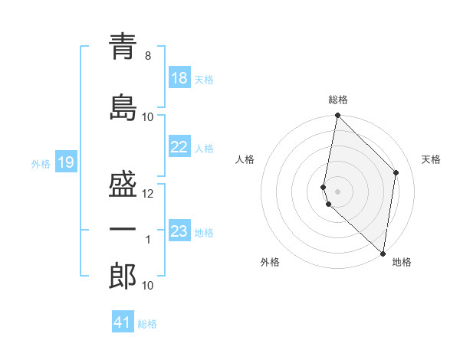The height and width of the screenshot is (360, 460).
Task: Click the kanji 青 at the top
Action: tap(123, 47)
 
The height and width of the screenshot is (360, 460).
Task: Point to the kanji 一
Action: tap(123, 229)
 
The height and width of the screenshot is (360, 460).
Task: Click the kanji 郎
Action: tap(123, 277)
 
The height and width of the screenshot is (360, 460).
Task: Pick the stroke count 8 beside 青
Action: tap(148, 56)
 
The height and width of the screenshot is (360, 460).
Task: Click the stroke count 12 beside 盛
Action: tap(148, 194)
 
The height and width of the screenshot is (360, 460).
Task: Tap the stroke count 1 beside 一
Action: tap(148, 240)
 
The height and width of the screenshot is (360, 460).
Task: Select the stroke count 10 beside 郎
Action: tap(148, 286)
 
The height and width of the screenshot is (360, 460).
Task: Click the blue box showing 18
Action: tap(179, 78)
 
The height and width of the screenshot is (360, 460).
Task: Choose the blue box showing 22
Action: tap(179, 147)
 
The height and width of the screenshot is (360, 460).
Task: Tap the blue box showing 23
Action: tap(179, 231)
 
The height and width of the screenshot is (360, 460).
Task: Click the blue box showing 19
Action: tap(65, 162)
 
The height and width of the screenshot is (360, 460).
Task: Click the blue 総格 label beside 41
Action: tap(147, 323)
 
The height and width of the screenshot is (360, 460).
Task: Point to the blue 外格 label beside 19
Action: tap(41, 163)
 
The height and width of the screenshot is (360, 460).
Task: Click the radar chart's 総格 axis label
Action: tap(338, 100)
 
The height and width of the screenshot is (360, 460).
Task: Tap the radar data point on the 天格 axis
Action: tap(396, 172)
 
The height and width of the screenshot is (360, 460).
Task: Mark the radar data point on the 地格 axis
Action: tap(383, 253)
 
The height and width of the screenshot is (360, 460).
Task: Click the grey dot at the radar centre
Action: tap(338, 191)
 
